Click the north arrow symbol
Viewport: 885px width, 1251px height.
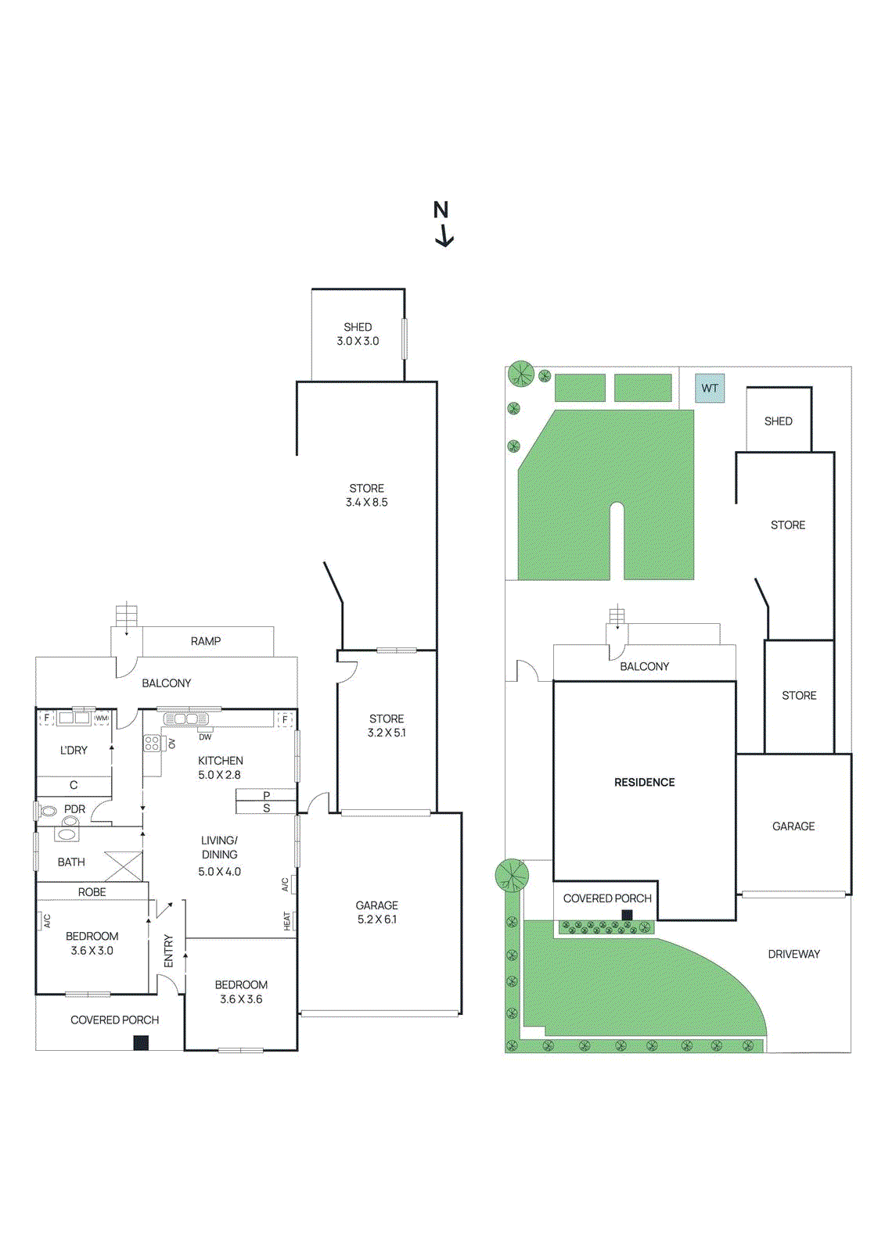point(444,235)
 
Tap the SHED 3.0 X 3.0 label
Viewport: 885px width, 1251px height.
point(358,334)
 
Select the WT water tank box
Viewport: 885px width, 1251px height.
point(710,388)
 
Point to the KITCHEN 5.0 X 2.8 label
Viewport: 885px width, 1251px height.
point(220,767)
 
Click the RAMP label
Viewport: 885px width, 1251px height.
point(206,641)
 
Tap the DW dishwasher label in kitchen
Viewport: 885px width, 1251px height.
point(205,737)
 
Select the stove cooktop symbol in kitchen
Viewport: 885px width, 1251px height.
point(152,743)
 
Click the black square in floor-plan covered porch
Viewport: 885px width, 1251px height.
point(141,1042)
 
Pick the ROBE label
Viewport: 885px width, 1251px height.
point(92,891)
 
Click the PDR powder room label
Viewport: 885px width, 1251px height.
point(74,809)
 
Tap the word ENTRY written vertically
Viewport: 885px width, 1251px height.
point(168,951)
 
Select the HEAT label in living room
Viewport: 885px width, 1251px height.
point(287,920)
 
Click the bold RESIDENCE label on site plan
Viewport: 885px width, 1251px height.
point(644,782)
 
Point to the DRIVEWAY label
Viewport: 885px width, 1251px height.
point(793,954)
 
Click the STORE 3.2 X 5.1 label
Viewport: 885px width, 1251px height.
point(387,726)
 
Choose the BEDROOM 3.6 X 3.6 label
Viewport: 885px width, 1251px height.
point(241,991)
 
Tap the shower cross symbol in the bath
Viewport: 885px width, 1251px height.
point(124,866)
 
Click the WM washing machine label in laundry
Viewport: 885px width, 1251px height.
point(102,718)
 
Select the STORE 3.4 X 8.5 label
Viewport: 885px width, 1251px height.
point(366,495)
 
